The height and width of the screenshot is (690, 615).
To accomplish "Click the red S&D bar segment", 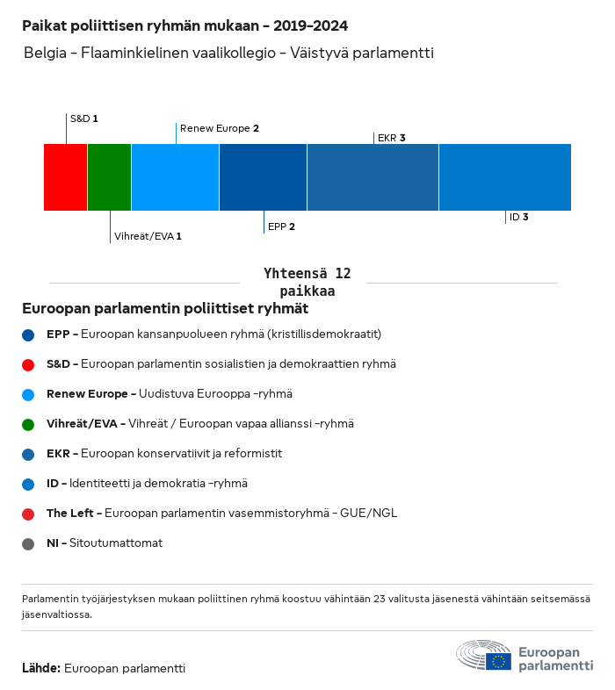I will pyautogui.click(x=66, y=177).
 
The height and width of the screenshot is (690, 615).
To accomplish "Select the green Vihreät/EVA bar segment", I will pyautogui.click(x=109, y=177).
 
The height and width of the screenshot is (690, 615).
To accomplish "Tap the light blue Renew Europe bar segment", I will pyautogui.click(x=175, y=177).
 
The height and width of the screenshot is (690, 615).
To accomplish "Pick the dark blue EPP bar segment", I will pyautogui.click(x=263, y=177).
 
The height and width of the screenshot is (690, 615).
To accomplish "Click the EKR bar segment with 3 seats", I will pyautogui.click(x=373, y=177).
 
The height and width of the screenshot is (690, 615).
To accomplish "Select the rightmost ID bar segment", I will pyautogui.click(x=504, y=177).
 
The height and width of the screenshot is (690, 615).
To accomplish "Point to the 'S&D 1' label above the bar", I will pyautogui.click(x=83, y=118).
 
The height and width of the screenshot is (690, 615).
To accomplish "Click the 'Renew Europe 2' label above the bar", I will pyautogui.click(x=219, y=128).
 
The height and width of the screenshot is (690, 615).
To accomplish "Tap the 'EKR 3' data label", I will pyautogui.click(x=391, y=138).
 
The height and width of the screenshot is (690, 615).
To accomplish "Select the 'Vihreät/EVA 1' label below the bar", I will pyautogui.click(x=148, y=236).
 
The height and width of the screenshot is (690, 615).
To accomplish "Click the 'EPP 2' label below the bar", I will pyautogui.click(x=281, y=226).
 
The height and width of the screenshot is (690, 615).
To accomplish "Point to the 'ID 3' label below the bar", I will pyautogui.click(x=518, y=217).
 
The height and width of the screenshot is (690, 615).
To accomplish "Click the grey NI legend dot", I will pyautogui.click(x=29, y=544).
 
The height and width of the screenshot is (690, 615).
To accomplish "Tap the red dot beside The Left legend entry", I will pyautogui.click(x=29, y=514).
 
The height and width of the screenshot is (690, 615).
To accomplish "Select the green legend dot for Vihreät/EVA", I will pyautogui.click(x=29, y=424).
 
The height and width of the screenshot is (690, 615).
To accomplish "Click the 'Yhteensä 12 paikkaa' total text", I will pyautogui.click(x=307, y=282).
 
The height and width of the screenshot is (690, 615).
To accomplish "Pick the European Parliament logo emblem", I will pyautogui.click(x=483, y=656).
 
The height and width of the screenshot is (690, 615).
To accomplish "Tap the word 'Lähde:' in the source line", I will pyautogui.click(x=41, y=668).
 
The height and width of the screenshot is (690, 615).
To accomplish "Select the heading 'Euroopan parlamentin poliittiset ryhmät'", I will pyautogui.click(x=165, y=309).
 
